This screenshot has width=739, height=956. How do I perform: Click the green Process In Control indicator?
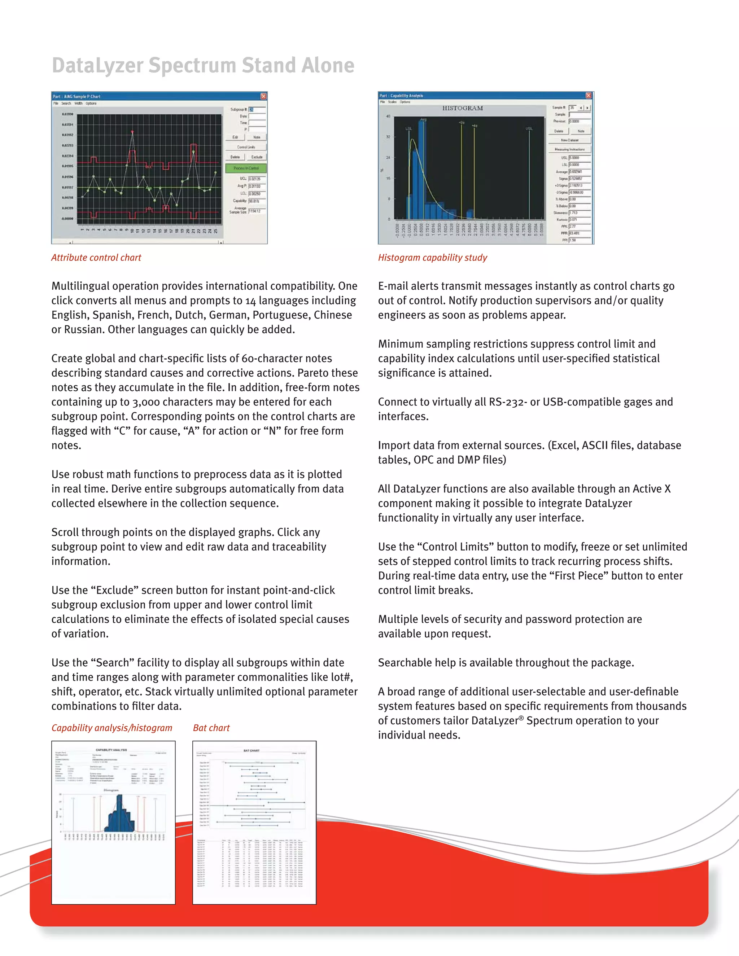point(246,168)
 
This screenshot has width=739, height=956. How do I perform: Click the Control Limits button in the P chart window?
point(246,147)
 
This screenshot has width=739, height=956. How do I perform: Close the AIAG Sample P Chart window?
point(263,96)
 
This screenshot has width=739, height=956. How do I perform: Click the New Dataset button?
point(569,140)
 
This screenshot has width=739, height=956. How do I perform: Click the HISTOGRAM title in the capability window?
point(462,108)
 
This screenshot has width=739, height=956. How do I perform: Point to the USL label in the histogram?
point(529,129)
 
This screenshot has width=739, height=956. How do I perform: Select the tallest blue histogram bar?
point(421,168)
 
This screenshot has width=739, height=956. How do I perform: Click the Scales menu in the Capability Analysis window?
point(392,102)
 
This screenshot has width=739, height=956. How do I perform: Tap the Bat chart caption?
point(211,728)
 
